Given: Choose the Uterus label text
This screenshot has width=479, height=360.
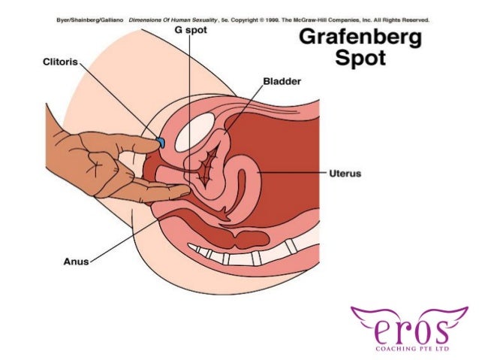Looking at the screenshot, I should coord(345,174).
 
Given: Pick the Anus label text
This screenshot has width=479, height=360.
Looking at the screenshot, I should coord(75,262).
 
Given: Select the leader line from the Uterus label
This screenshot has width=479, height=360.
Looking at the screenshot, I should coord(293,174).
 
